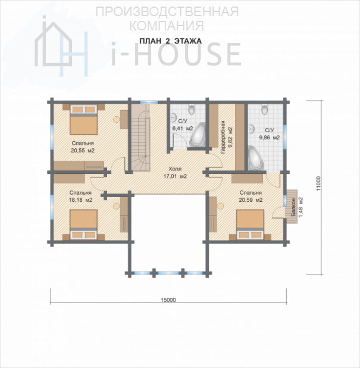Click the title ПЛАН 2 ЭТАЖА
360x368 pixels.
(x=171, y=41)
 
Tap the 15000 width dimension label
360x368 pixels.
(x=168, y=300)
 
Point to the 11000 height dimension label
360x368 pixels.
(x=318, y=183)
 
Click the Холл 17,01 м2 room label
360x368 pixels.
(x=175, y=173)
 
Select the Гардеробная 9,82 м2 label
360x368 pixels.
(x=227, y=138)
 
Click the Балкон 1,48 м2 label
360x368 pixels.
(x=297, y=207)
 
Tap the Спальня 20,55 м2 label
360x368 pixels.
(x=83, y=146)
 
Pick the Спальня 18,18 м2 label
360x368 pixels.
(x=80, y=196)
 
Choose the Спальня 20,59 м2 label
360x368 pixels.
(x=251, y=196)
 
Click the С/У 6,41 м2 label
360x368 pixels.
(x=183, y=124)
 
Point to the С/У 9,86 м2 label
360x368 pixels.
(x=270, y=134)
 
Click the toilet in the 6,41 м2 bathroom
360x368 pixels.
(x=192, y=109)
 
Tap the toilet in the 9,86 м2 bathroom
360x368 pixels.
(x=265, y=109)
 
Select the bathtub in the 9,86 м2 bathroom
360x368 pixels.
(x=256, y=158)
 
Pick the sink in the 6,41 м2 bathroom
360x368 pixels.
(x=174, y=118)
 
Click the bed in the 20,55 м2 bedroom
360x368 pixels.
(x=83, y=120)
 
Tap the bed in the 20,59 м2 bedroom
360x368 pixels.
(x=251, y=224)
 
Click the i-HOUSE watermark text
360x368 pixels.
(x=176, y=54)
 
